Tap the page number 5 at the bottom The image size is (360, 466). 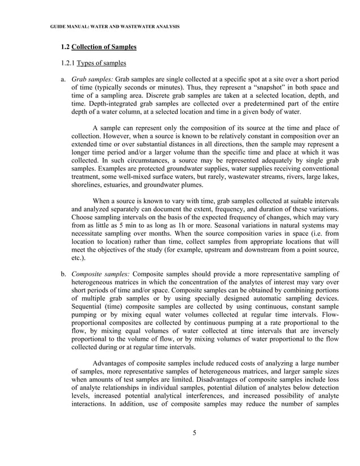(194, 433)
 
